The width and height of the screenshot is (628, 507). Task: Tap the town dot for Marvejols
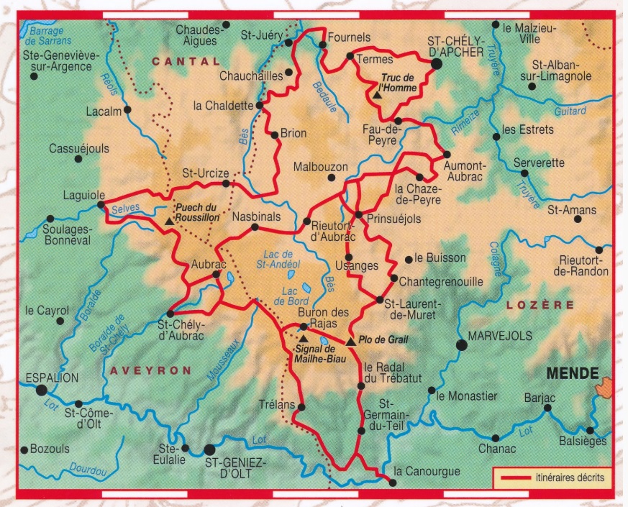(462, 345)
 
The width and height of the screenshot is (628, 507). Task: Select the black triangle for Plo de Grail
(350, 341)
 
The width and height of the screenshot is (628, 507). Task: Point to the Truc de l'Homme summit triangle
(377, 93)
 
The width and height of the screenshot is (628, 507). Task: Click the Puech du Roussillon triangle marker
(169, 221)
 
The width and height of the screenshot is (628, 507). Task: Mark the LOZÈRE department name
(540, 305)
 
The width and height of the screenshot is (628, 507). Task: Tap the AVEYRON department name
(151, 370)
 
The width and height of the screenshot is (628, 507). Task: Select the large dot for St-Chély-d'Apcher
(436, 64)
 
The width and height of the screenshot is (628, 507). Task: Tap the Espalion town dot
(42, 390)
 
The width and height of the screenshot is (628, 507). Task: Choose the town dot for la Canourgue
(391, 482)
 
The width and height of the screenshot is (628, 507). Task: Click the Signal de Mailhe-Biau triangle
(304, 337)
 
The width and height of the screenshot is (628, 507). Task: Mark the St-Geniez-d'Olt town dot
(210, 449)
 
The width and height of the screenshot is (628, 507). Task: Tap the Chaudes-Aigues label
(196, 35)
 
